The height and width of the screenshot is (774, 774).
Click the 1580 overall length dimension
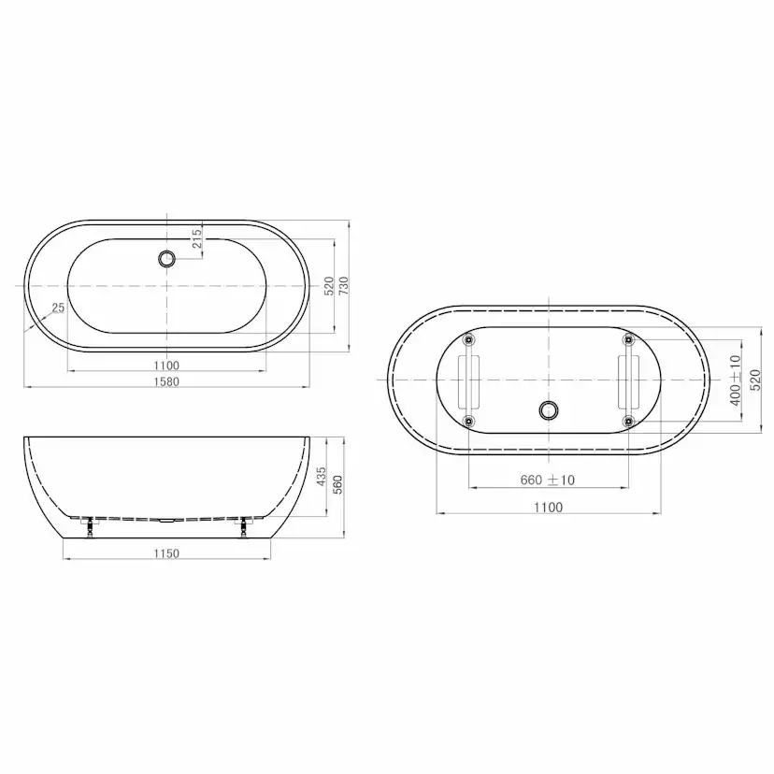coord(166,381)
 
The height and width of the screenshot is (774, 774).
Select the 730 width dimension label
coord(344,286)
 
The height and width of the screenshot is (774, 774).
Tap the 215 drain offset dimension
coord(196,238)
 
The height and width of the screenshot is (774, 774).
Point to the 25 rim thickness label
coord(58,308)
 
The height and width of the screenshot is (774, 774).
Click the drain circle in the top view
coord(166,258)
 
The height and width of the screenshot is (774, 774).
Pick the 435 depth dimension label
coord(321,477)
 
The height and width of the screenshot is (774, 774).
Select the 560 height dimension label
coord(337,485)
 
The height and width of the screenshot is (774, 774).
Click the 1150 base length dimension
coord(166,553)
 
